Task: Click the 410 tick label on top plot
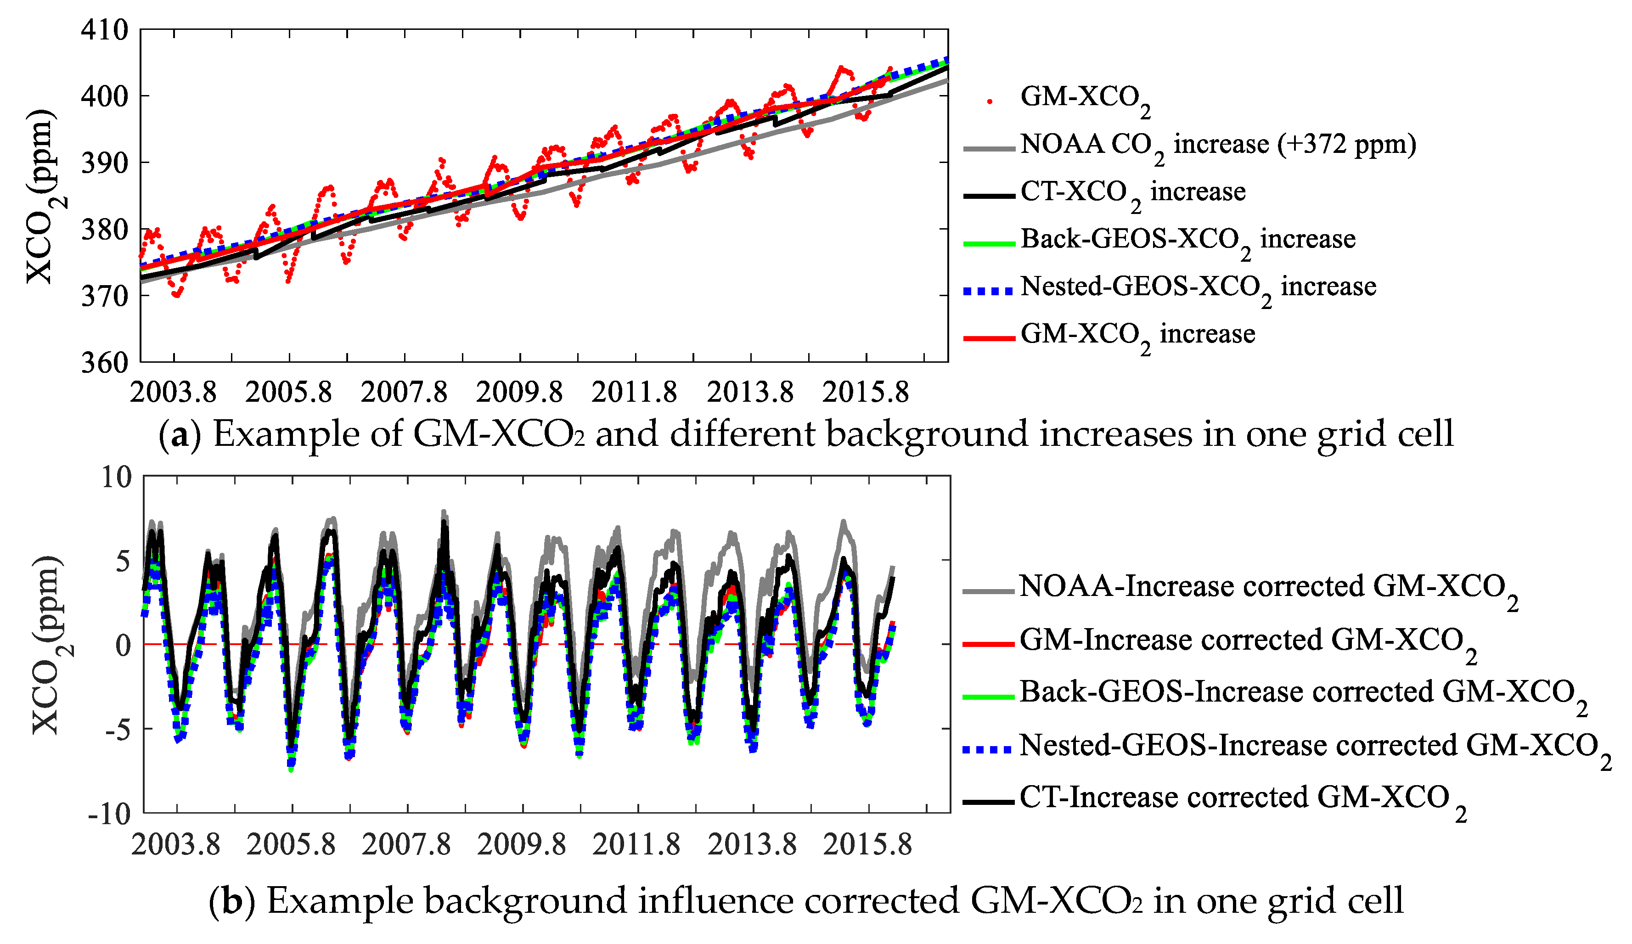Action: (104, 30)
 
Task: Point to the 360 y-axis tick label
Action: (104, 363)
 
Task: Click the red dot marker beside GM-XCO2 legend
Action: (990, 101)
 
